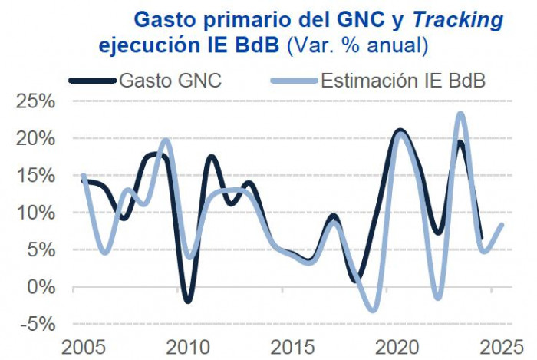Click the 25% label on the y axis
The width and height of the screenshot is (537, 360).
tap(34, 101)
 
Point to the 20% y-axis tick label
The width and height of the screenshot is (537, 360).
tap(34, 138)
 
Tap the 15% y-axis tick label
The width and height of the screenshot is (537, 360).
tap(34, 175)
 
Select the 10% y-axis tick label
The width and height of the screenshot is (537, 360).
tap(34, 213)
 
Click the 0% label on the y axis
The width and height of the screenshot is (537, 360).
tap(40, 286)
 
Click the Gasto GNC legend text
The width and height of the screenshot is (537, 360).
tap(170, 80)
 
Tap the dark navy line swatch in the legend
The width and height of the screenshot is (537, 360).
tap(92, 80)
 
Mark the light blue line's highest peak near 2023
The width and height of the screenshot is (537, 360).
tap(460, 114)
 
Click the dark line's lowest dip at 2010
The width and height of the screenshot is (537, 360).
tap(188, 301)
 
